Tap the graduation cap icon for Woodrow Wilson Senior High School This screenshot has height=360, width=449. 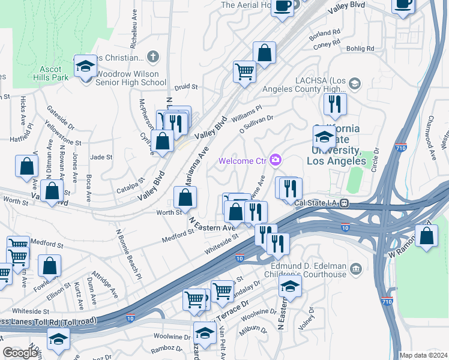85,65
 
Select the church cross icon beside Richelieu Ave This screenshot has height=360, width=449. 154,57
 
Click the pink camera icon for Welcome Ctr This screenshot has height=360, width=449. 276,160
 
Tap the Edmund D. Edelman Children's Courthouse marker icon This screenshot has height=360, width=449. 356,267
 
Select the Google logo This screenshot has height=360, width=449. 20,353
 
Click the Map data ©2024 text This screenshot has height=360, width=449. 423,355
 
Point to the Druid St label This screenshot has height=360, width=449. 186,87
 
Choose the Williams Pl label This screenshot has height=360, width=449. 247,112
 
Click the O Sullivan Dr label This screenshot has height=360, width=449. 256,124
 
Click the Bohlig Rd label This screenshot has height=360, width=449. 362,49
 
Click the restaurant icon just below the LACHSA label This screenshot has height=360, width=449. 335,104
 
